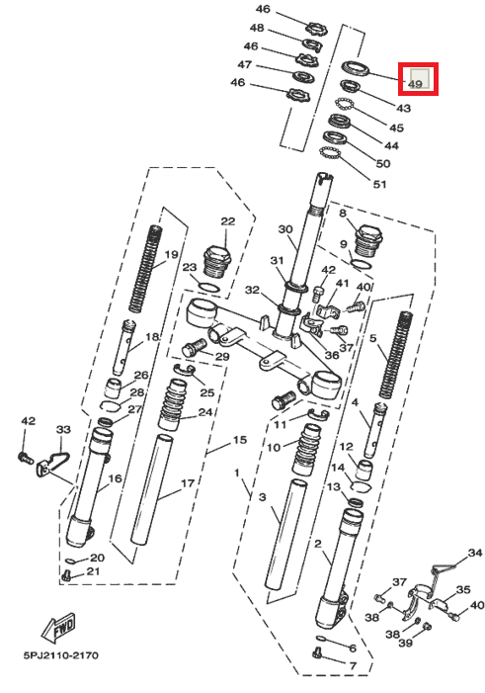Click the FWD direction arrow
click(58, 628)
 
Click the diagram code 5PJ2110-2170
click(61, 655)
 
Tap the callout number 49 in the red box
click(415, 84)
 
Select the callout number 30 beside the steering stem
click(285, 229)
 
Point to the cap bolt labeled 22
click(215, 263)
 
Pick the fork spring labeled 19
click(143, 268)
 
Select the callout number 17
click(188, 483)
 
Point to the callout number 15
click(240, 440)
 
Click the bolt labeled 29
click(194, 348)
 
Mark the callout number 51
click(380, 184)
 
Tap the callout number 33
click(63, 429)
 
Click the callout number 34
click(475, 553)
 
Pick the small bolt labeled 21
click(67, 575)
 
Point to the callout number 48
click(257, 28)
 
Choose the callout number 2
click(318, 544)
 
